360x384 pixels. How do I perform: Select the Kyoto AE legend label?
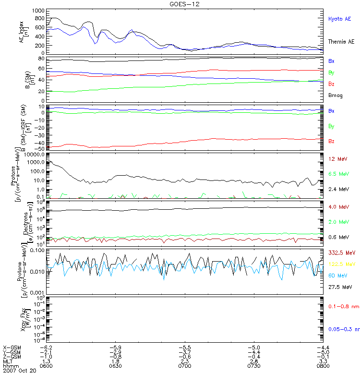point(339,19)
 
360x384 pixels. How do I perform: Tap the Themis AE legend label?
point(341,42)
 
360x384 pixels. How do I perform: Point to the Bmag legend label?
point(335,96)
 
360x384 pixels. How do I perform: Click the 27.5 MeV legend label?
point(339,287)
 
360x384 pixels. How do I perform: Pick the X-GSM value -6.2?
point(46,347)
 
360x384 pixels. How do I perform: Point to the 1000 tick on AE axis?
point(38,10)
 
